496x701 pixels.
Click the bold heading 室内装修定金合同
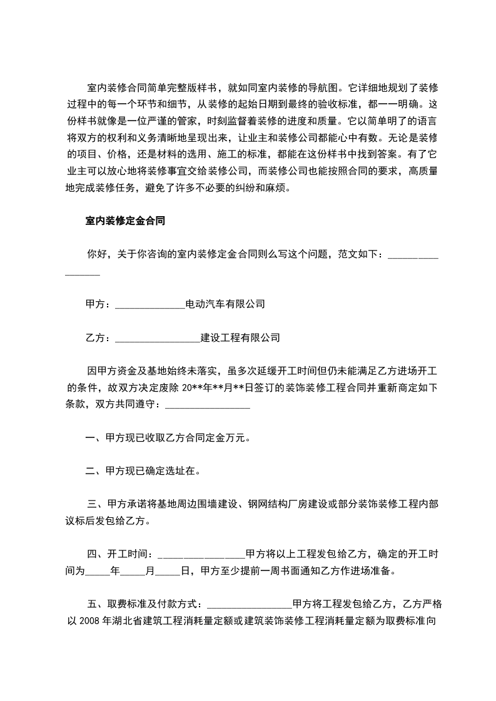(x=125, y=221)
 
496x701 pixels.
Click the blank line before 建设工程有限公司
(x=157, y=338)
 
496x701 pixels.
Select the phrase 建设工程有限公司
(x=240, y=338)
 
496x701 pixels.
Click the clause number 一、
(x=95, y=438)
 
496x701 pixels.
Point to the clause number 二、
(x=95, y=472)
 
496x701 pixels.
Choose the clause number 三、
(x=97, y=504)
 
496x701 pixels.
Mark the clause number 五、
(x=97, y=604)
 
